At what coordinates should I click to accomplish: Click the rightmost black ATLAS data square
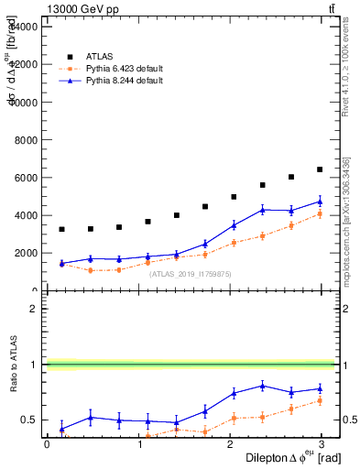[320, 169]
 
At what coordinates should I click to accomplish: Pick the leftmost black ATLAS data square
[61, 229]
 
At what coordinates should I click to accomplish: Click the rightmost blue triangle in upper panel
[320, 202]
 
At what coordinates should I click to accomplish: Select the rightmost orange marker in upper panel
[320, 214]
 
